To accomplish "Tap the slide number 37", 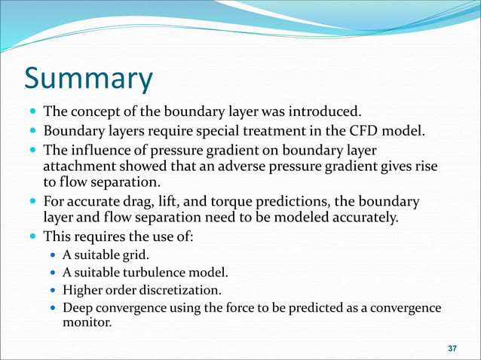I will coord(452,348).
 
